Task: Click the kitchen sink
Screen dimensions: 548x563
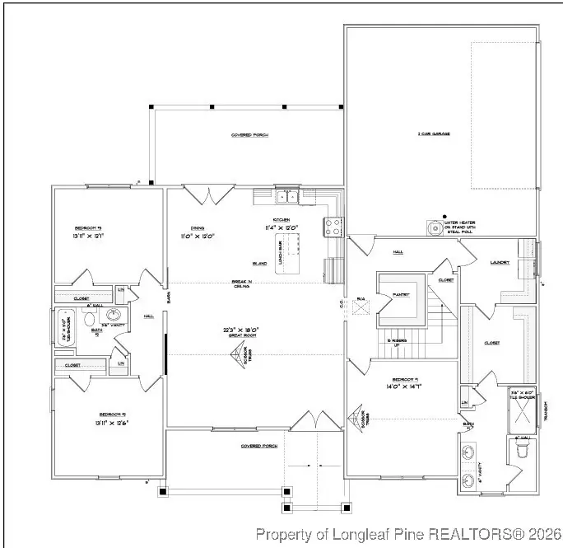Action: (x=287, y=196)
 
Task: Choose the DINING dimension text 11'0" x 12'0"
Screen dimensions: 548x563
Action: (x=197, y=237)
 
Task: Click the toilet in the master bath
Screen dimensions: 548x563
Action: (x=521, y=452)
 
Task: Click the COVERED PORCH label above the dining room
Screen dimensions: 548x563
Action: (x=249, y=135)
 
